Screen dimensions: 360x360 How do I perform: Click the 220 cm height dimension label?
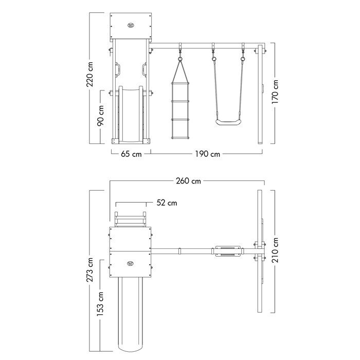(x=90, y=74)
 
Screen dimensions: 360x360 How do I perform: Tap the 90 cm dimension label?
(x=100, y=116)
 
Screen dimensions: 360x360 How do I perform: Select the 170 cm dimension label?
(x=275, y=92)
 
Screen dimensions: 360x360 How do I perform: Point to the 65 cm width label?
(x=131, y=154)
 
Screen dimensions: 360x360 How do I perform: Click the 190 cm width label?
(x=208, y=154)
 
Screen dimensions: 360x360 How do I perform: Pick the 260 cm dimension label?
(x=189, y=181)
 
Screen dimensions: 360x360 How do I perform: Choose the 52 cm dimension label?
(x=167, y=203)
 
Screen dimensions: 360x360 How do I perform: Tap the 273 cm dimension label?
(x=89, y=269)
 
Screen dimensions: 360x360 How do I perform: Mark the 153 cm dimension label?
(x=100, y=304)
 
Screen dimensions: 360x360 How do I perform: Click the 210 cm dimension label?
(x=275, y=250)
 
